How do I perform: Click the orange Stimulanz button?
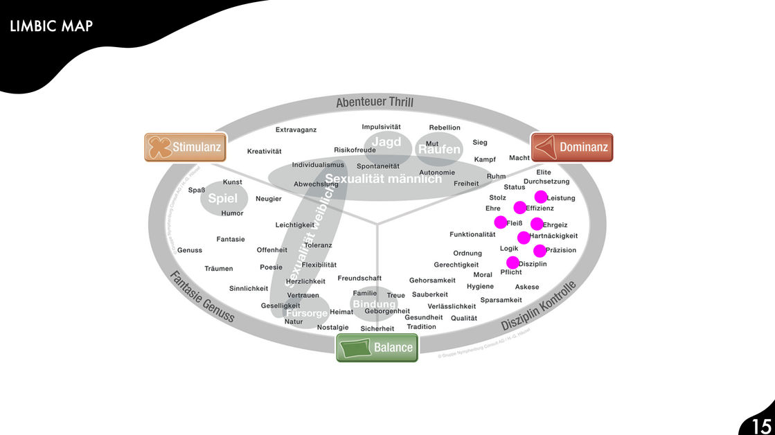185,147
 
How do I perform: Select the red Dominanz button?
572,147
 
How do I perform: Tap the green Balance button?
377,348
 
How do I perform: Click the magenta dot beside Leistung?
541,197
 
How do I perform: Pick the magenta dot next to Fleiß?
500,222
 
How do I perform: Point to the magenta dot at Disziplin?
513,263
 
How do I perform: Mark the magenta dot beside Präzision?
540,251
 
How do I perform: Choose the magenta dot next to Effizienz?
519,207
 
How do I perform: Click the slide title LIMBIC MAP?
52,27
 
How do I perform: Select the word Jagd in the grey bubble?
386,142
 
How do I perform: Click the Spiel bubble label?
222,199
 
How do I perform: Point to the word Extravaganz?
296,130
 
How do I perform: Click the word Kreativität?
264,151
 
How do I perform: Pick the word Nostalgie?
332,328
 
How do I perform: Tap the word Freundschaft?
359,278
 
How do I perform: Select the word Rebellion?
444,127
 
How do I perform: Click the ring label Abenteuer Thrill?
375,103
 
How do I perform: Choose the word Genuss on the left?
190,250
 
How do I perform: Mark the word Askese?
526,287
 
